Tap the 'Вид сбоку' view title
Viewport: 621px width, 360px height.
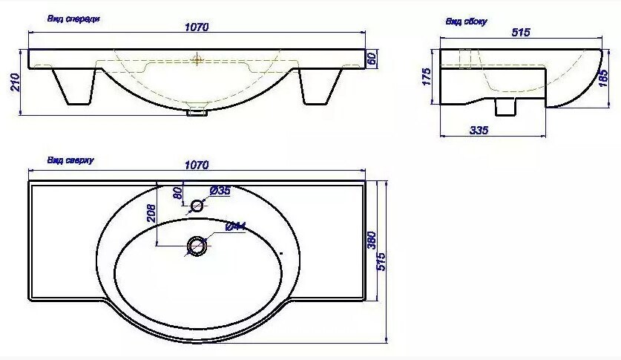(466, 22)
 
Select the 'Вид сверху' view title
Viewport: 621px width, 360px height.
(70, 160)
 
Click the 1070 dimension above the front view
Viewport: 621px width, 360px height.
(197, 27)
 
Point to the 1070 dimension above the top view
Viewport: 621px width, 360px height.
(197, 165)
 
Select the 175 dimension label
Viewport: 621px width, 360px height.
(427, 76)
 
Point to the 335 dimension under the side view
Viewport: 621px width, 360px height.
(479, 131)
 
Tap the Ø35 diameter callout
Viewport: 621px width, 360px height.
(220, 191)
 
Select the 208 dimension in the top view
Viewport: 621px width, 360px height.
(151, 214)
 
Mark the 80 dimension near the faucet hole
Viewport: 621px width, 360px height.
(177, 194)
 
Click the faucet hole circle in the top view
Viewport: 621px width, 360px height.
(197, 206)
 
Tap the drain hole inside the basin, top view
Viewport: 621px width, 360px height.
(197, 245)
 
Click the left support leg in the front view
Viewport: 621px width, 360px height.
(74, 86)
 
